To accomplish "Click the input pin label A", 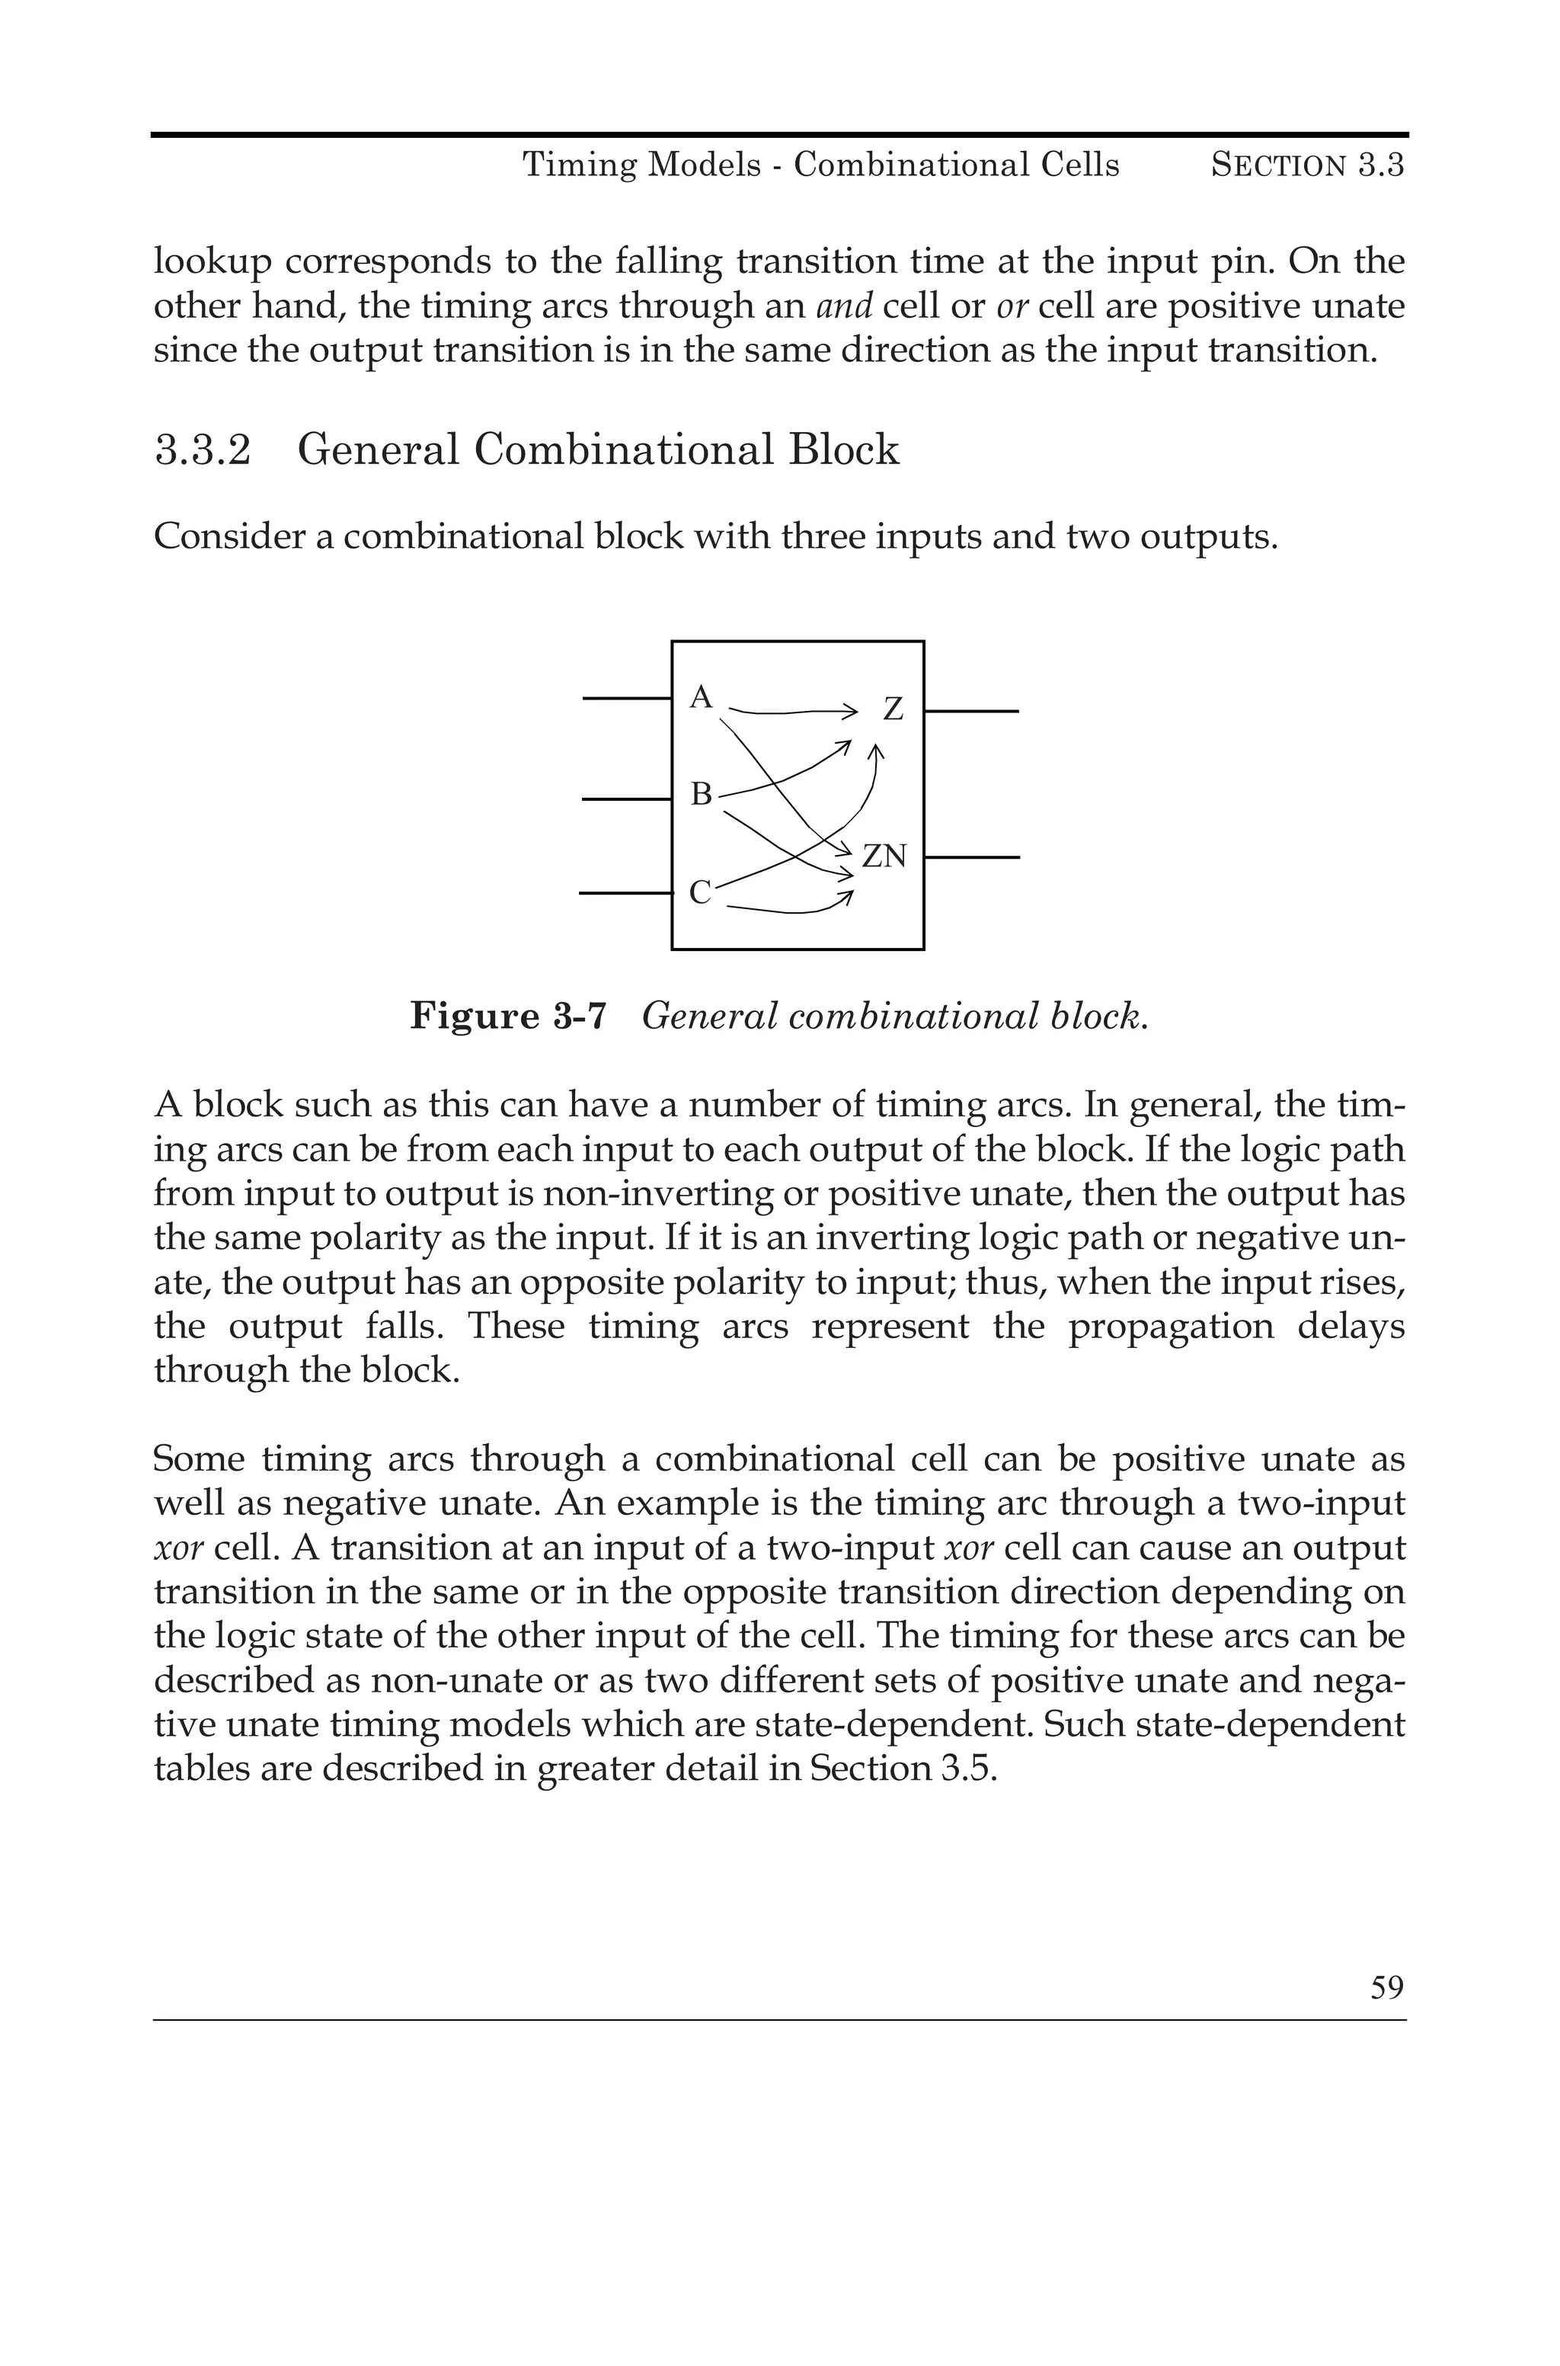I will tap(702, 697).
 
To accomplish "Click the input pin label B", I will tap(702, 794).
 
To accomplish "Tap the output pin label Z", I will tap(893, 709).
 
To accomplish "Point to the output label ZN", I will tap(884, 856).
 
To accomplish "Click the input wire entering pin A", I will tap(627, 700).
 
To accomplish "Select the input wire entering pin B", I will tap(627, 798).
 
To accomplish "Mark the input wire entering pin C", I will tap(625, 894).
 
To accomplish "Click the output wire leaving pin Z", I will tap(972, 712).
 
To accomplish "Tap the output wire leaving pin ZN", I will tap(972, 856).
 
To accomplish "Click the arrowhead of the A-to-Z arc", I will tap(849, 712).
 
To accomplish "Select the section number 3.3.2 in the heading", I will tap(203, 450).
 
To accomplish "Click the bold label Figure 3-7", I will tap(507, 1016).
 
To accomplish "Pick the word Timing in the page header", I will tap(580, 165).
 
